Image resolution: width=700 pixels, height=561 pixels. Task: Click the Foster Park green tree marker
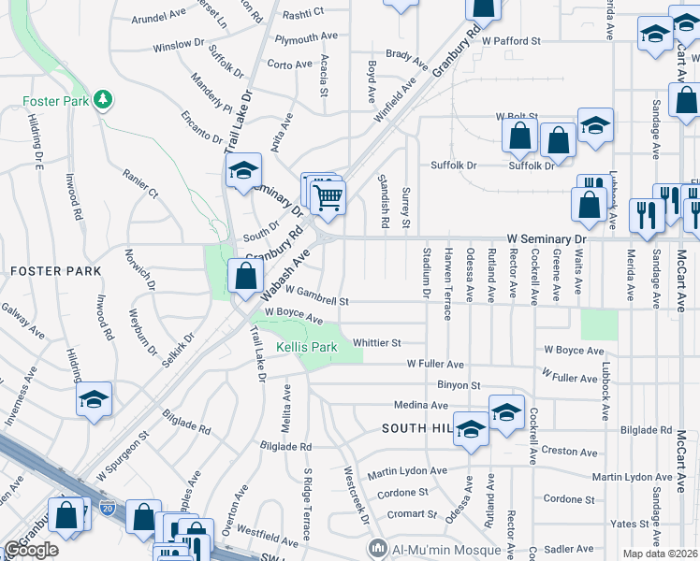coord(105,98)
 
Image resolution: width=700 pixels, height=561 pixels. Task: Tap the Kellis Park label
coord(306,347)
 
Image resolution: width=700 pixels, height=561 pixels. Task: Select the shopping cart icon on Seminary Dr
coord(328,196)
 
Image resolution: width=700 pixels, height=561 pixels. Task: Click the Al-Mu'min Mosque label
coord(430,546)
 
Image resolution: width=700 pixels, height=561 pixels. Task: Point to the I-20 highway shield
coord(107,511)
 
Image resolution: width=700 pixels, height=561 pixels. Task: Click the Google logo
coord(31,550)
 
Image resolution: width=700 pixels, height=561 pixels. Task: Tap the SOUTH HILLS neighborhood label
coord(417,428)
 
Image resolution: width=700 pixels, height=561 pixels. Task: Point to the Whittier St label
coord(376,343)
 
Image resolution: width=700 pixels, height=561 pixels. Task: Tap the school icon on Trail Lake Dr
coord(242,170)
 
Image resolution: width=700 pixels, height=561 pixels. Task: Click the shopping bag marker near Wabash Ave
coord(244,276)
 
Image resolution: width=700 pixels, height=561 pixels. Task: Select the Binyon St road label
coord(458,384)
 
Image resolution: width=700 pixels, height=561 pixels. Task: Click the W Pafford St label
coord(512,41)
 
